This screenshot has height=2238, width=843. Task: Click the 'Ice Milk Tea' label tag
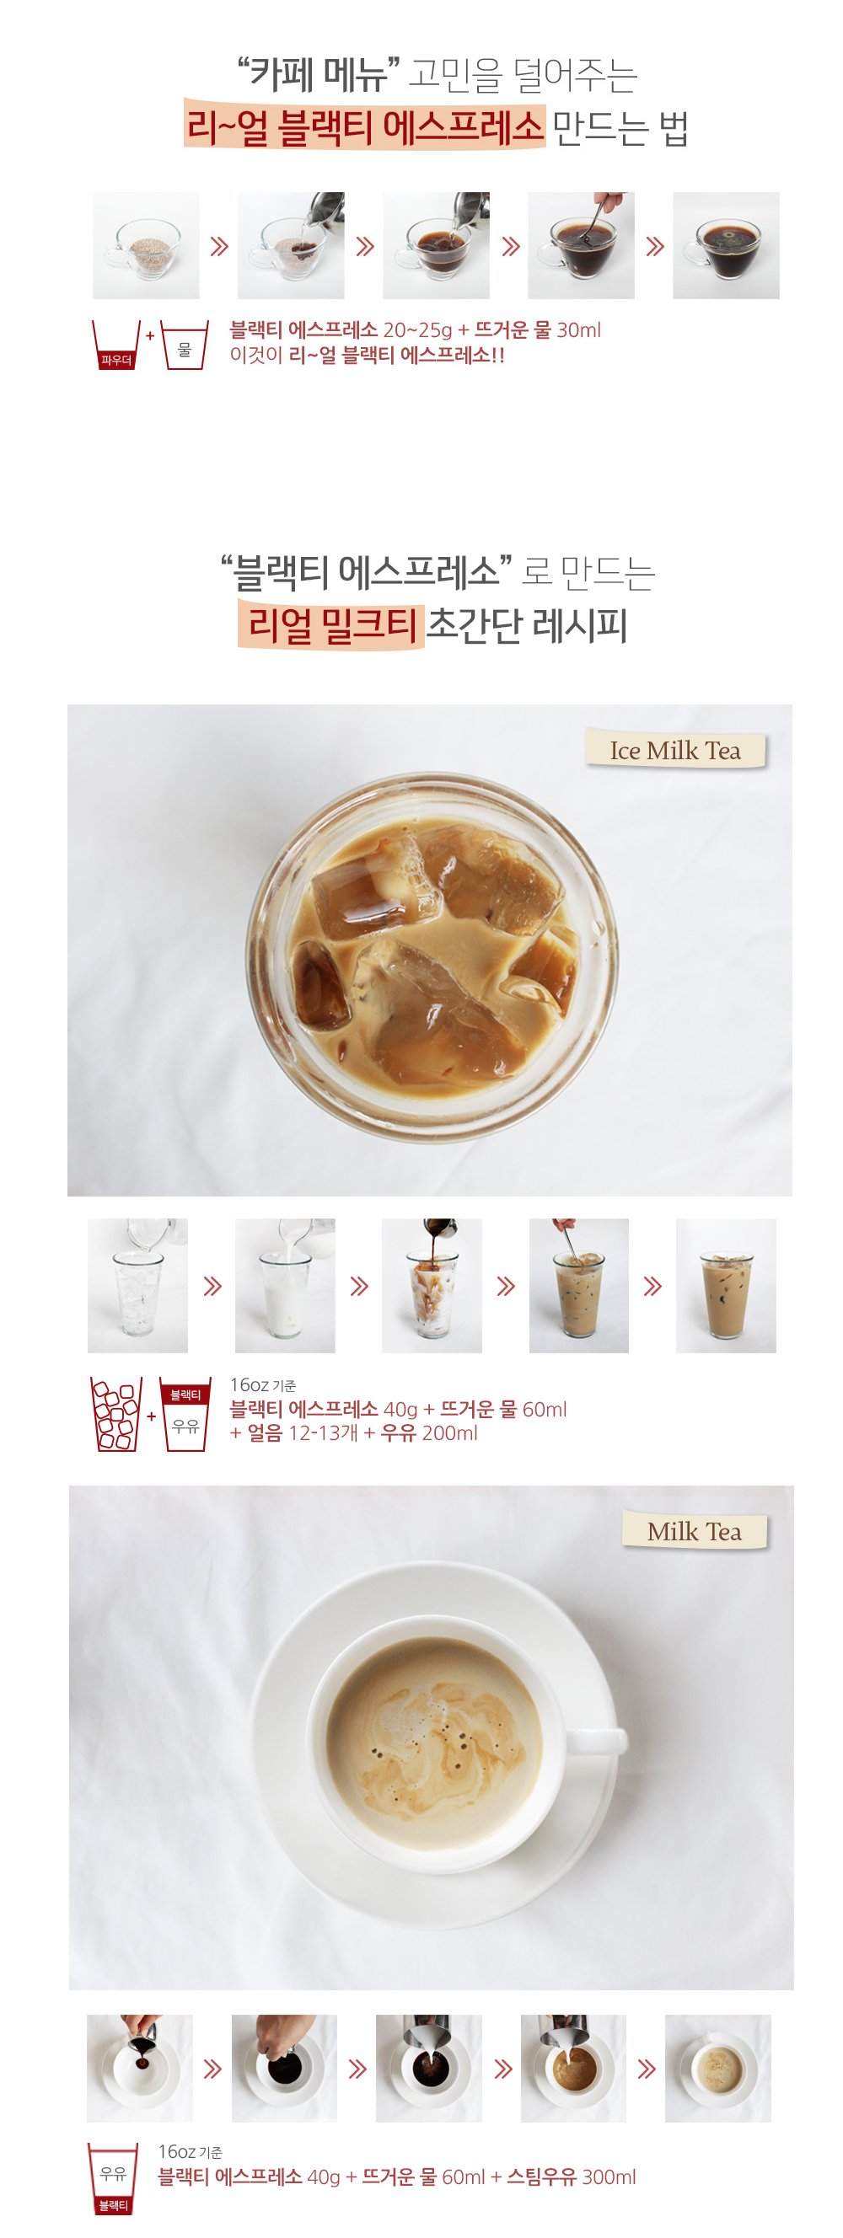[675, 751]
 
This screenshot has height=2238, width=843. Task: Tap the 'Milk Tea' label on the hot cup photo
[695, 1531]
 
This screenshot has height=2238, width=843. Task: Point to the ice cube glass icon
[116, 1415]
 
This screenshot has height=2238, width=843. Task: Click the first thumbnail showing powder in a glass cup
[146, 246]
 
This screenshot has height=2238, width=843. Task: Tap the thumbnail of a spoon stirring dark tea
[581, 246]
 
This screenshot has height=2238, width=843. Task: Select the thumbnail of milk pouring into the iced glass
[285, 1286]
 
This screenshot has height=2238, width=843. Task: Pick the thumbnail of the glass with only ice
[137, 1286]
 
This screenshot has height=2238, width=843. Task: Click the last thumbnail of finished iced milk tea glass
[726, 1286]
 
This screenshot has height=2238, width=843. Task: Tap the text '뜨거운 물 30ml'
[537, 330]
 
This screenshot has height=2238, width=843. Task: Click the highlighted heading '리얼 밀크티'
[331, 625]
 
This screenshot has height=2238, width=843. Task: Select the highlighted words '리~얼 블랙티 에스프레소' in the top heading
[364, 128]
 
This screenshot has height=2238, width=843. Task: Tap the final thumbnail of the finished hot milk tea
[718, 2069]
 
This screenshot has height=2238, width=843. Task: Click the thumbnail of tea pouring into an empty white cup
[140, 2069]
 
